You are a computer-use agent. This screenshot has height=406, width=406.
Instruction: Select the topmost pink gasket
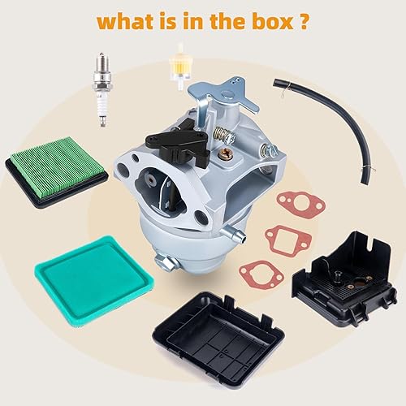[x=297, y=204]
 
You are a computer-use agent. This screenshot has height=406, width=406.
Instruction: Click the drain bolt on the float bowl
[x=163, y=262]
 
